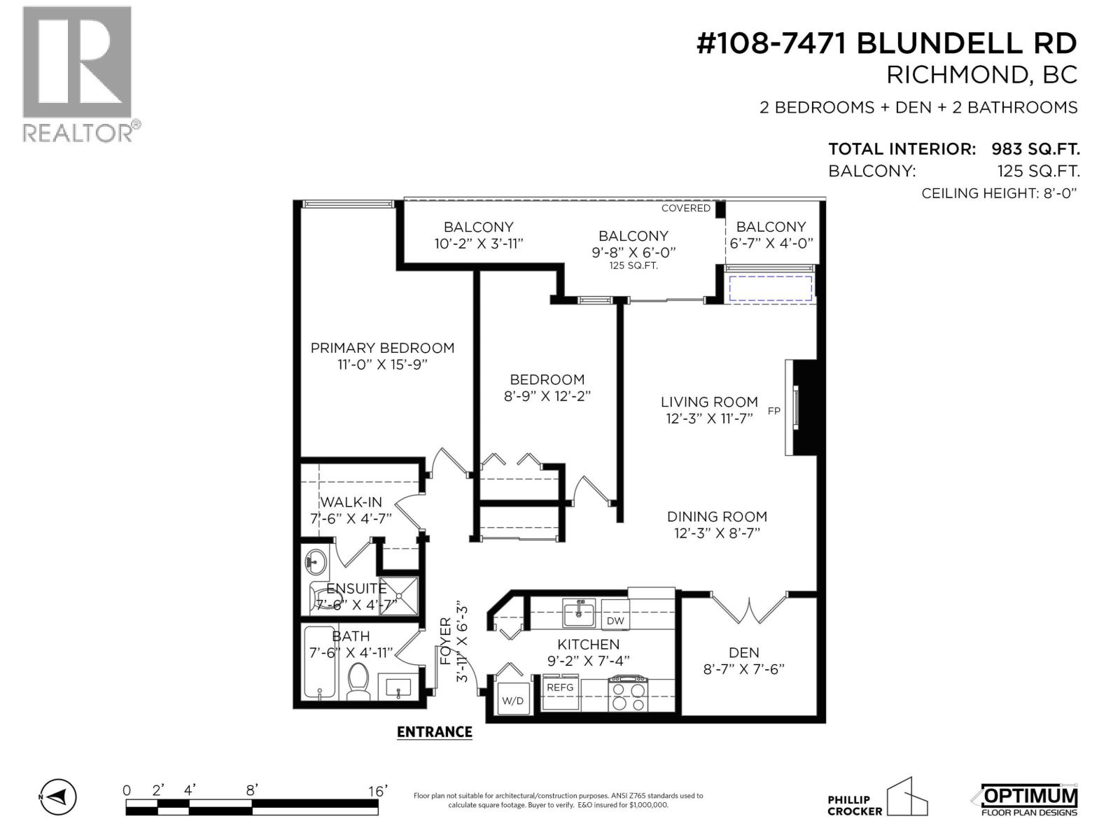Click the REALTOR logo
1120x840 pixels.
[x=77, y=73]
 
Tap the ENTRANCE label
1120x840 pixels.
[x=434, y=731]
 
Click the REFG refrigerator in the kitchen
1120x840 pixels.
[x=560, y=693]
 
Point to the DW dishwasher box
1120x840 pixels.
[x=615, y=620]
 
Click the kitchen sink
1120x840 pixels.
[x=579, y=615]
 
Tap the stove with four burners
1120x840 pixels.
[x=628, y=694]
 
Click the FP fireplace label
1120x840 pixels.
[x=773, y=411]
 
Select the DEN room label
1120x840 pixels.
[x=743, y=652]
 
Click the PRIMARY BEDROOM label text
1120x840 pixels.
[x=382, y=348]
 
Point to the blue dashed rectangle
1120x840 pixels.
[x=770, y=288]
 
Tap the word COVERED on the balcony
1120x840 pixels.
[x=685, y=208]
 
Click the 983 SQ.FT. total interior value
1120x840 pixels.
[x=1035, y=149]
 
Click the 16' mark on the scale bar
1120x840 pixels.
[x=378, y=791]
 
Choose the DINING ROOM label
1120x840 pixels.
[x=717, y=517]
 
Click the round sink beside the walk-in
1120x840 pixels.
[x=316, y=561]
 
